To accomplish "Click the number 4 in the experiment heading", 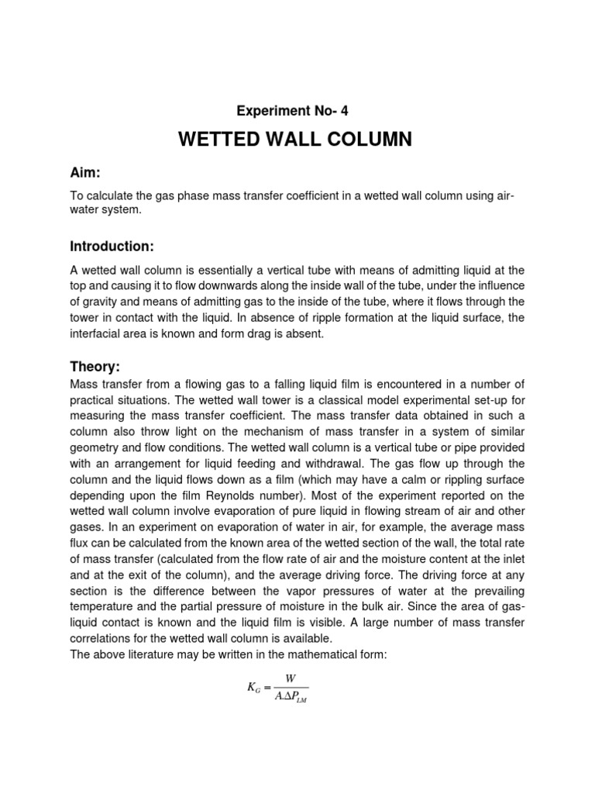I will (333, 111).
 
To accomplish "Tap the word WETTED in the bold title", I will (219, 140).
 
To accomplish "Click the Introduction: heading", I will (112, 247).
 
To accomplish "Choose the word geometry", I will (95, 449).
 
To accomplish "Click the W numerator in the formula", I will (291, 677).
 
